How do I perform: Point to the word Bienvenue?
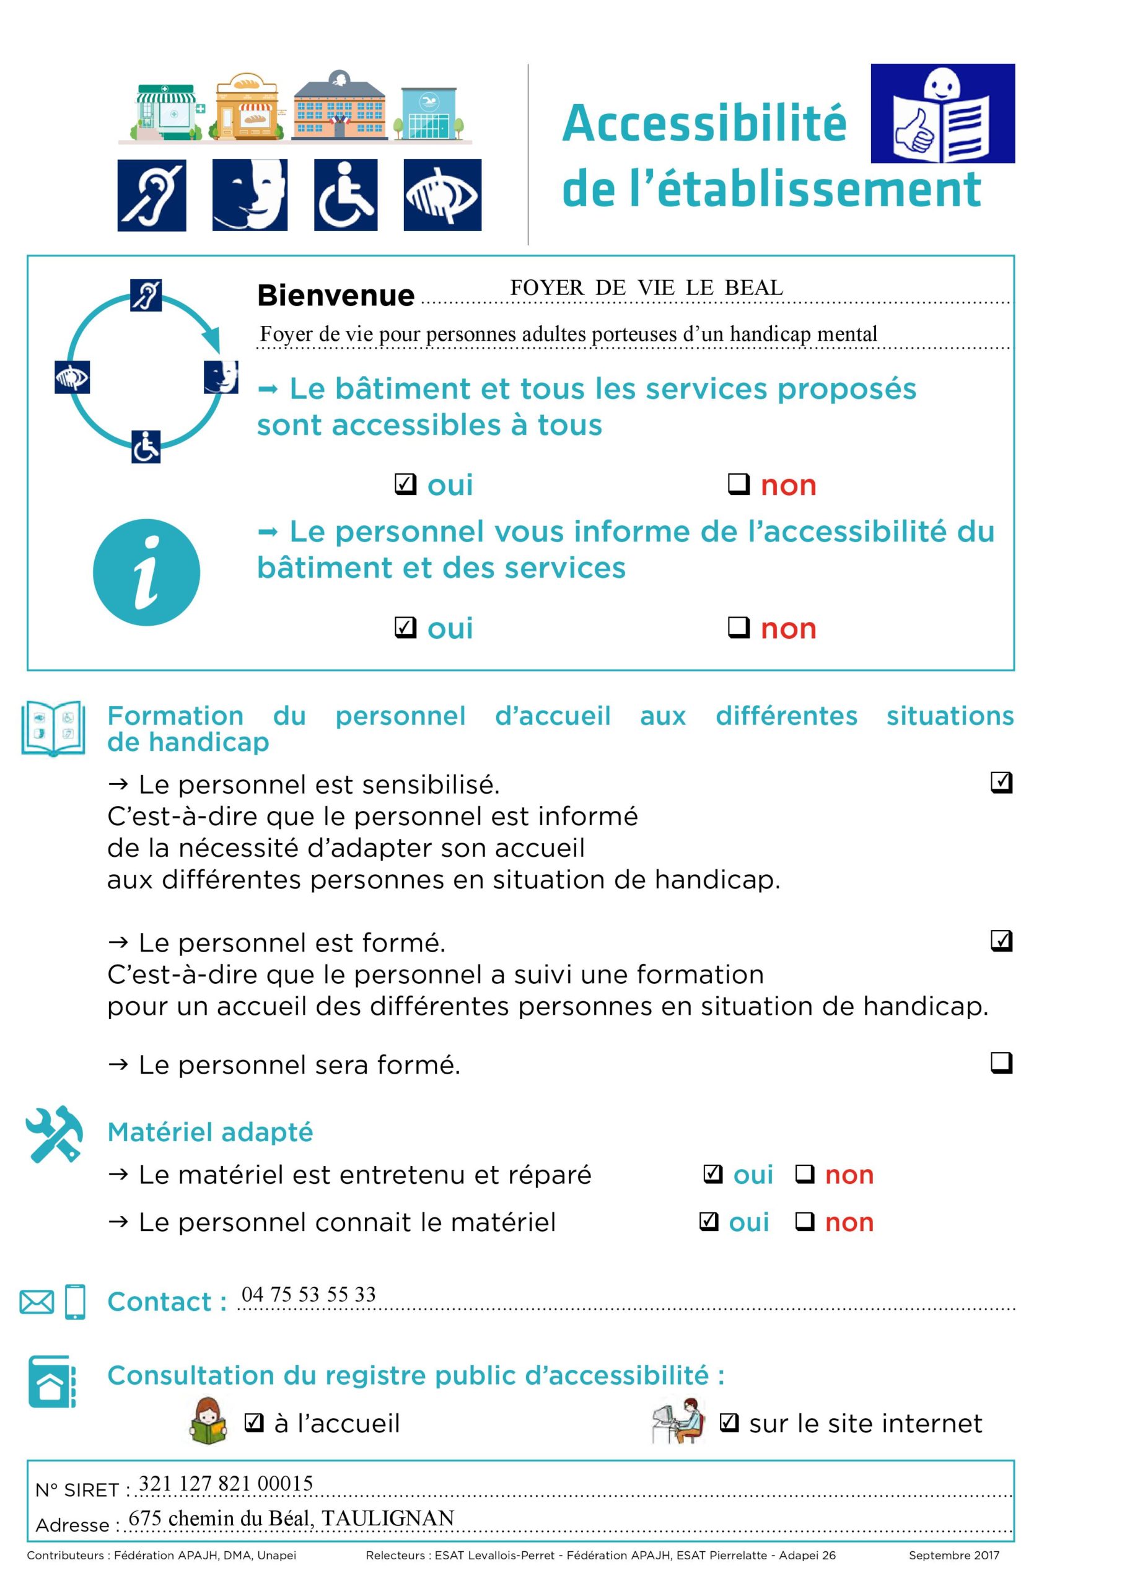(336, 296)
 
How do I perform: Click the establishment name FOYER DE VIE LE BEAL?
(646, 287)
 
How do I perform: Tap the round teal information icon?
(146, 572)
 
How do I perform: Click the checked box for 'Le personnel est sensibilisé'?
(1001, 782)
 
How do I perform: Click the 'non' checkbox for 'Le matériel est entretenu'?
(805, 1173)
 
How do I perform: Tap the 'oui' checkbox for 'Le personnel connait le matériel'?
(709, 1221)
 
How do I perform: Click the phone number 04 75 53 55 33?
(308, 1294)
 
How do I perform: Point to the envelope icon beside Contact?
(37, 1302)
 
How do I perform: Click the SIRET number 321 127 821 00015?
(226, 1483)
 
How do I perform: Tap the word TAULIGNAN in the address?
(388, 1518)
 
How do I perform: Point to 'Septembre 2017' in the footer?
(953, 1555)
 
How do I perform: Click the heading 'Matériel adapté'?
(210, 1132)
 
